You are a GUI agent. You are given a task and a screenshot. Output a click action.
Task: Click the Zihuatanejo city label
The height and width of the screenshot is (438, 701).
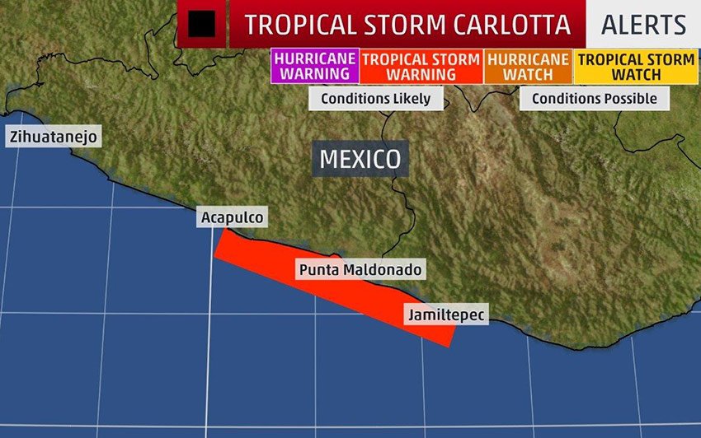click(x=54, y=137)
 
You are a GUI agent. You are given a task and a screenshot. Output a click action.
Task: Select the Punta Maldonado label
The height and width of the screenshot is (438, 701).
click(x=360, y=269)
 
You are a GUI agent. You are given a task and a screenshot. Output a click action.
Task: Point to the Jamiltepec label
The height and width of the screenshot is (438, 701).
click(x=445, y=314)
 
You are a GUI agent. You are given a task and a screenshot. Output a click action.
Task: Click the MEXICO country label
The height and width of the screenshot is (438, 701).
click(x=360, y=159)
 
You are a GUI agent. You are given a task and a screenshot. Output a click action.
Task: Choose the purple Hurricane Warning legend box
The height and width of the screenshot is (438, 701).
click(x=315, y=67)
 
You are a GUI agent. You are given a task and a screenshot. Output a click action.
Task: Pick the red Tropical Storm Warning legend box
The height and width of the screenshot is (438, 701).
click(x=421, y=67)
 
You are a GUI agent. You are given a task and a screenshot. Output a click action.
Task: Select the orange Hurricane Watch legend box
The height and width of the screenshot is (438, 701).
click(x=528, y=67)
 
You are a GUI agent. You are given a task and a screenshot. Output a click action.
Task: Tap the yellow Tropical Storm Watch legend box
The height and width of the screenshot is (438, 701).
click(x=636, y=67)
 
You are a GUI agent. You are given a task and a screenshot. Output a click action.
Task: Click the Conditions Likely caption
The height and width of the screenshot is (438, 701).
click(x=375, y=99)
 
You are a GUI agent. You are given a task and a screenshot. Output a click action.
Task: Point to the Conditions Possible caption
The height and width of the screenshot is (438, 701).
click(x=594, y=99)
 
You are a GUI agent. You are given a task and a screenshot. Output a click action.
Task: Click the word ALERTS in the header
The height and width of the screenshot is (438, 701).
click(x=643, y=25)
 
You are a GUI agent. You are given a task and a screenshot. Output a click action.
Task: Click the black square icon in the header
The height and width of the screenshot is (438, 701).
click(x=201, y=25)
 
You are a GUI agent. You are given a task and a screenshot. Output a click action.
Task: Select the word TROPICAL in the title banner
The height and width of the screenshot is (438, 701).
click(x=292, y=25)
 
